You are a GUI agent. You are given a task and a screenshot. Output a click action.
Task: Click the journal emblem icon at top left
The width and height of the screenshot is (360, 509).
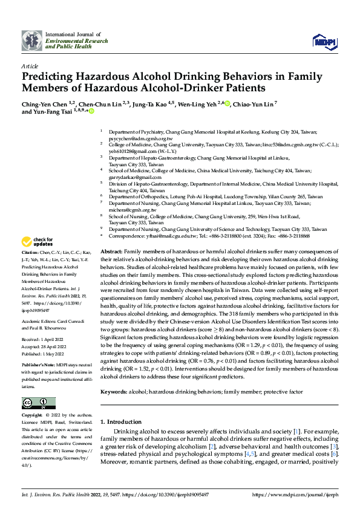[32, 41]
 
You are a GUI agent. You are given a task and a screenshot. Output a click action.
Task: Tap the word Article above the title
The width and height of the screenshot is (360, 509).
[30, 66]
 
